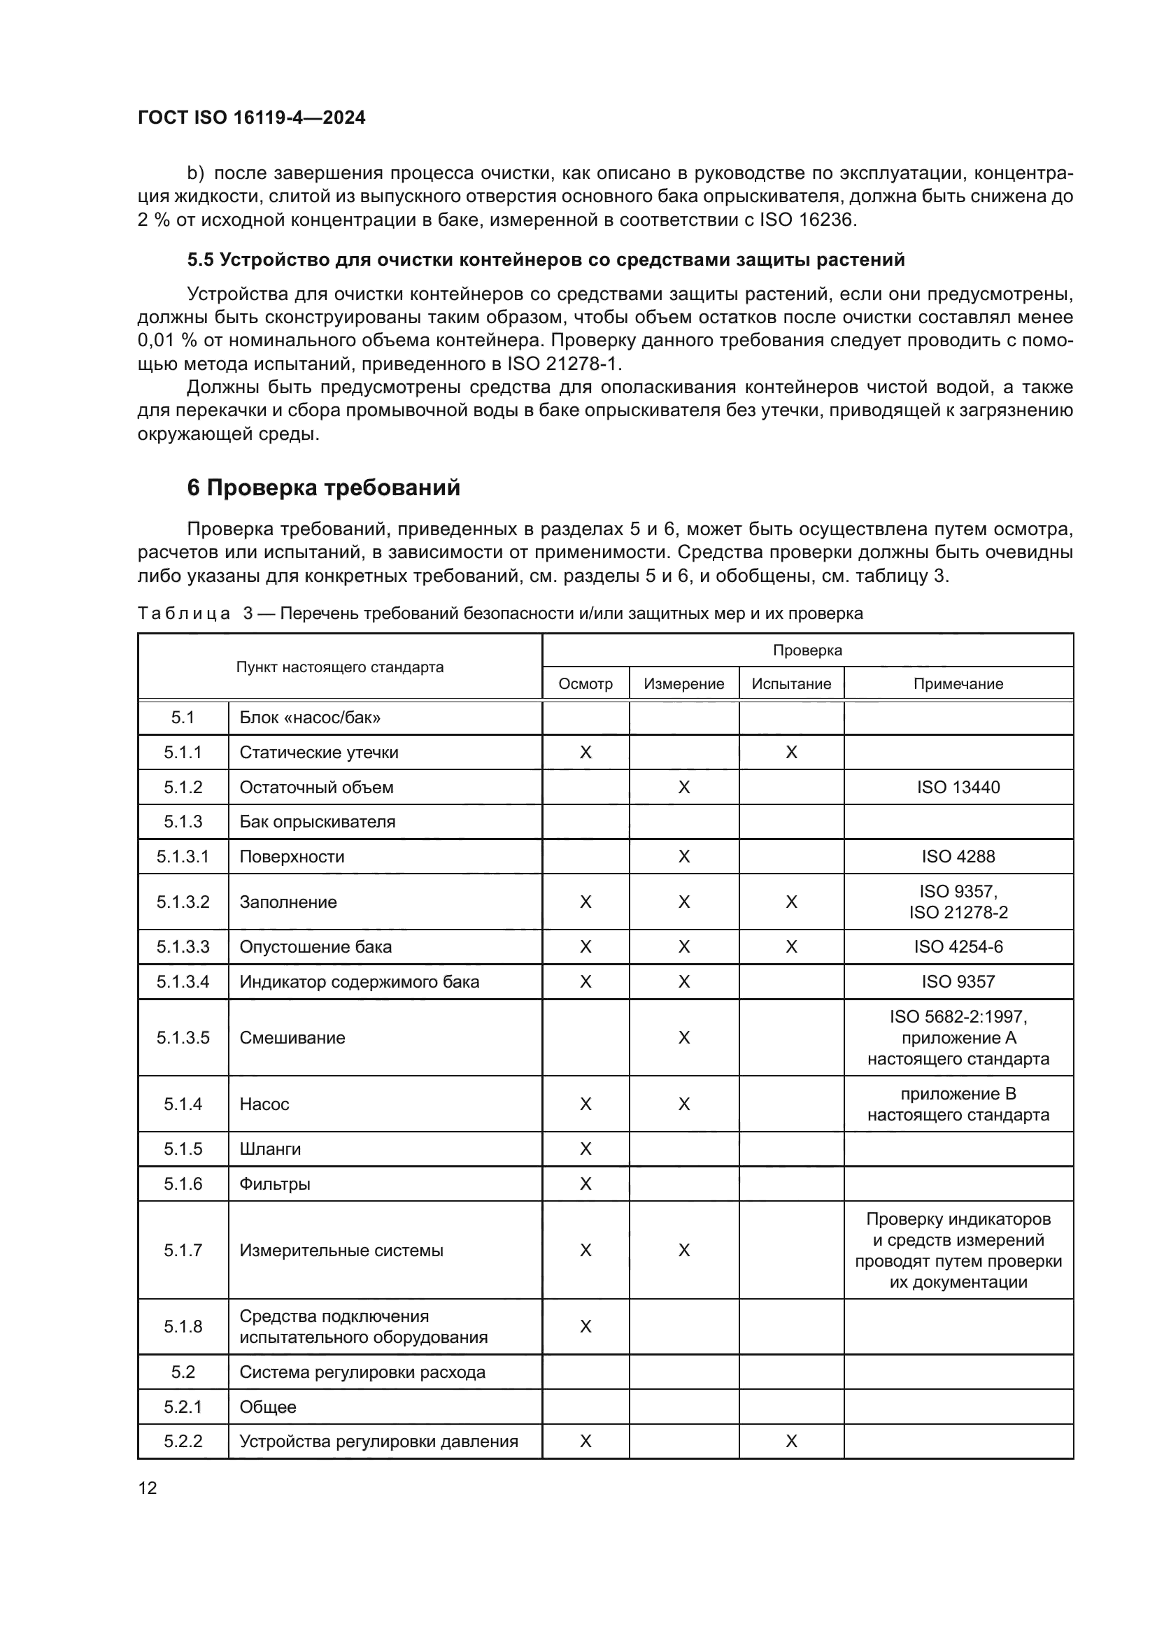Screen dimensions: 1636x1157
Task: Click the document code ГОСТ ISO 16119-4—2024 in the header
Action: tap(251, 118)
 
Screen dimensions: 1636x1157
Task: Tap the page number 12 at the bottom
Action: tap(148, 1488)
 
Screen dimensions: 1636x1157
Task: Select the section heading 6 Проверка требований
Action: tap(323, 488)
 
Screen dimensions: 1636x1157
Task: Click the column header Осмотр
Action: tap(585, 684)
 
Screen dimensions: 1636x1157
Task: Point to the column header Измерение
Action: tap(683, 684)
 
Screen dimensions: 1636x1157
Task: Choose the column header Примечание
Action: tap(958, 684)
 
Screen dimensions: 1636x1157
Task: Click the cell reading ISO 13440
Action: tap(958, 788)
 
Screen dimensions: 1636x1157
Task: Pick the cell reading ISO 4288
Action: tap(958, 857)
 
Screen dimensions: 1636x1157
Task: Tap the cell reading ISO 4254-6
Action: tap(958, 947)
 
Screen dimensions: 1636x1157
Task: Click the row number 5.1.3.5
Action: tap(183, 1037)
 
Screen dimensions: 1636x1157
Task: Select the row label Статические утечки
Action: tap(318, 753)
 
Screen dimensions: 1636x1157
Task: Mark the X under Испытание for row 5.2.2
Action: tap(791, 1442)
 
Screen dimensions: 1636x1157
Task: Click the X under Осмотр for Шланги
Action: tap(585, 1148)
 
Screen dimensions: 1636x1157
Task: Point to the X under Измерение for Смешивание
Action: tap(683, 1037)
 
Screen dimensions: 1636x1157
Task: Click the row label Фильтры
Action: tap(274, 1184)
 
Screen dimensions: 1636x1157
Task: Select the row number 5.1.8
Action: tap(183, 1326)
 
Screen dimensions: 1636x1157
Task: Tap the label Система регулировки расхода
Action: tap(362, 1372)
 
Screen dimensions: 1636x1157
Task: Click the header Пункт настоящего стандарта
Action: tap(339, 668)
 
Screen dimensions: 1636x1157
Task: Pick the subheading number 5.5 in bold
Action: tap(200, 260)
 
